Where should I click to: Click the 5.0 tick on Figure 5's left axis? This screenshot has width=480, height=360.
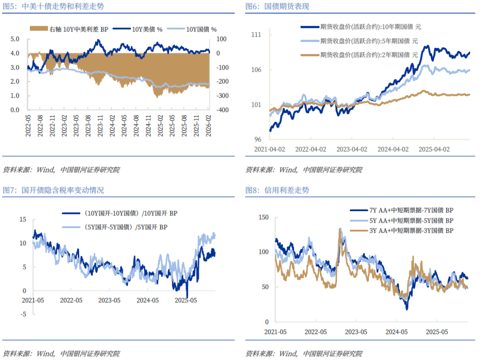pyautogui.click(x=15, y=39)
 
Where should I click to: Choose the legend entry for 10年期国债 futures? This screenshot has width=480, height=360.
pyautogui.click(x=370, y=27)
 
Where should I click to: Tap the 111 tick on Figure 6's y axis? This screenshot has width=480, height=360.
pyautogui.click(x=256, y=35)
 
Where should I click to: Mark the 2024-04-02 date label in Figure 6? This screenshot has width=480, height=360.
pyautogui.click(x=392, y=149)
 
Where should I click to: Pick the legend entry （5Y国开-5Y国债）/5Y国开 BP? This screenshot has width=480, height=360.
pyautogui.click(x=126, y=227)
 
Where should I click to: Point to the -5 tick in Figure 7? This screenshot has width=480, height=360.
pyautogui.click(x=23, y=314)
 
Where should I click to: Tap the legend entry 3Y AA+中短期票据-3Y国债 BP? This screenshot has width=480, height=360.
pyautogui.click(x=411, y=231)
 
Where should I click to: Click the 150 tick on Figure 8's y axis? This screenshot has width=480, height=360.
pyautogui.click(x=263, y=217)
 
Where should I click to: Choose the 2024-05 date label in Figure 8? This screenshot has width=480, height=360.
pyautogui.click(x=396, y=332)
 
